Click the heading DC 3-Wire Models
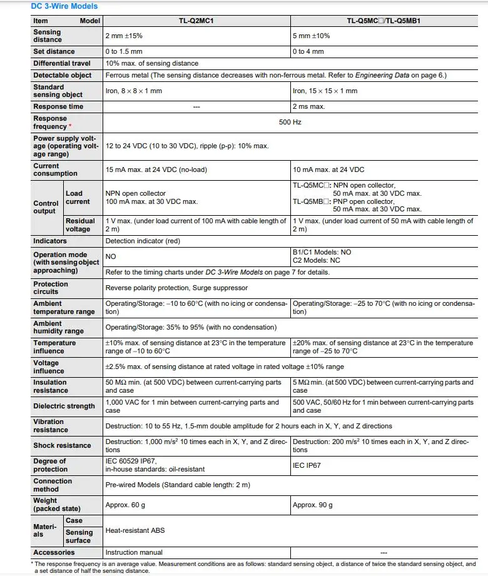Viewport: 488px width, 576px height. point(64,6)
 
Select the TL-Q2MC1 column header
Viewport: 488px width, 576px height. point(196,21)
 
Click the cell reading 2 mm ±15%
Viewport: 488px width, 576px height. point(125,36)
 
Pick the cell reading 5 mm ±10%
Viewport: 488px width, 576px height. point(311,36)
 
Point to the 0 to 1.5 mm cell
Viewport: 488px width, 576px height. point(124,51)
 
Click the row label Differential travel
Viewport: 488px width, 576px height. point(62,63)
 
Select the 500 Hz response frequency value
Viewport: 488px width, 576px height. point(290,122)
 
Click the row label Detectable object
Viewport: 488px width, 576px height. point(63,75)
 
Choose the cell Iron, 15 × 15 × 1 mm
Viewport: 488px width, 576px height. point(325,91)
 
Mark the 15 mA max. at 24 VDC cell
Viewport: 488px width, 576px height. point(156,169)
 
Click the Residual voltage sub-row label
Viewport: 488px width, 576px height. point(81,225)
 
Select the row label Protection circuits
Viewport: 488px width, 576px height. point(51,288)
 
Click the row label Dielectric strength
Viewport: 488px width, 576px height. point(64,406)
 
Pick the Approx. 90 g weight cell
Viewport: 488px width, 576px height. point(313,505)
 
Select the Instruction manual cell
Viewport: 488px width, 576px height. point(134,552)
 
